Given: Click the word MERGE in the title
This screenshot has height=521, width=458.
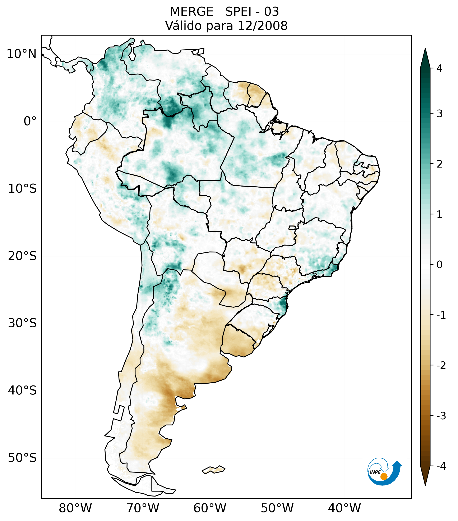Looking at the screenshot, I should pos(191,12).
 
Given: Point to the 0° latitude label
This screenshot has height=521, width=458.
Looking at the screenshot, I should pos(30,121).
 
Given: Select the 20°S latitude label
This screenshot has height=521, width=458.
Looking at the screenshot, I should pos(22,256).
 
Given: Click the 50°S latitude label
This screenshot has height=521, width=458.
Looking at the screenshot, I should pos(22,458).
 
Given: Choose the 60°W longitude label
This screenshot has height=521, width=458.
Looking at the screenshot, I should pos(210,508).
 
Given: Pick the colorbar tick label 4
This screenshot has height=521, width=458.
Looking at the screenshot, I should pos(439,68).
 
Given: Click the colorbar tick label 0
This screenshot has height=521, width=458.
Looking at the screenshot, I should pos(439,265).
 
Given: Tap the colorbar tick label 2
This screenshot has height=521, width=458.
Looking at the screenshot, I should pos(439,164).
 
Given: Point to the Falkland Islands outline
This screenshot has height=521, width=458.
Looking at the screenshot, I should pos(213,470).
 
